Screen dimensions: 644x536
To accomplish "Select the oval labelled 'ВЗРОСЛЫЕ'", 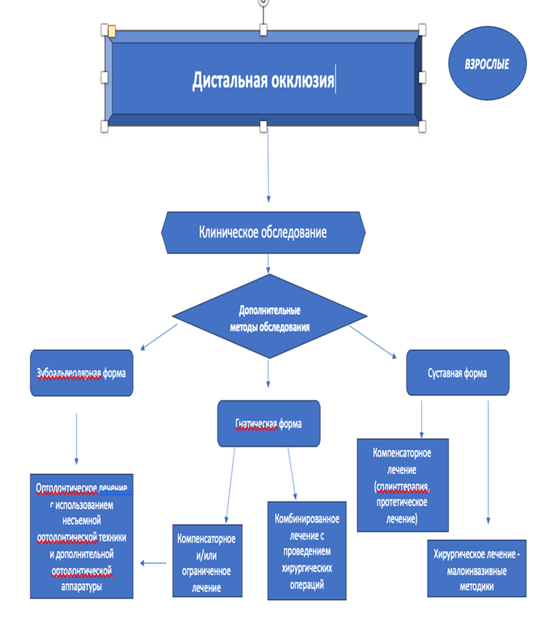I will pos(487,65).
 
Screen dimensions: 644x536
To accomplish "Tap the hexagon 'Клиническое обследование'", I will pos(263,232).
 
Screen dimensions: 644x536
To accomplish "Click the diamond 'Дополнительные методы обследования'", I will pos(270,315).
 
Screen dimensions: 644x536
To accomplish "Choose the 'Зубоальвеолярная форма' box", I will pos(82,373).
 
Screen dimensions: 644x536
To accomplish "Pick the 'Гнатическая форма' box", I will pos(268,424).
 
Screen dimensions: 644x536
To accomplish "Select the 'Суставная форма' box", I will pos(457,372).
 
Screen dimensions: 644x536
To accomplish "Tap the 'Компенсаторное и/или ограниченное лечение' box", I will pos(207,561).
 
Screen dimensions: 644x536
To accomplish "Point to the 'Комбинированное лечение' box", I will pos(306,550).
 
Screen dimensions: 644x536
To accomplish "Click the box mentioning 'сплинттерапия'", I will pos(402,485).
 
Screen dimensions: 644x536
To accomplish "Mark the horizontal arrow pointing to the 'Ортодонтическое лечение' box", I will pos(153,563).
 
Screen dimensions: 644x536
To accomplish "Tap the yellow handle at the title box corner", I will pos(111,31).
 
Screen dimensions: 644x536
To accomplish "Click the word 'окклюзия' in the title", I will pos(302,80).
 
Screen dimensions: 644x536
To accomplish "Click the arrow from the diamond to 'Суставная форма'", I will pos(371,341).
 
